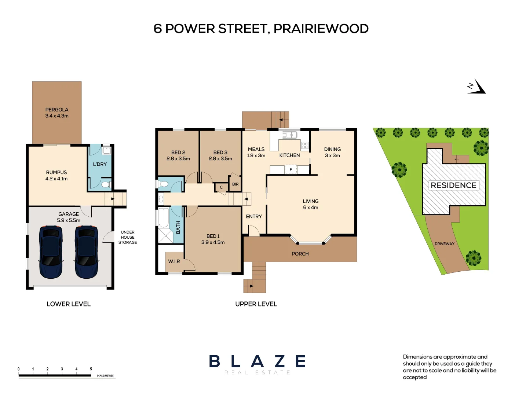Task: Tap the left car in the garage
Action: pyautogui.click(x=51, y=252)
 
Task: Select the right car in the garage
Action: pyautogui.click(x=86, y=252)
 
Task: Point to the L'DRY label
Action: pyautogui.click(x=100, y=164)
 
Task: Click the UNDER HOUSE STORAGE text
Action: pyautogui.click(x=128, y=237)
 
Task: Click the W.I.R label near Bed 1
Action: pyautogui.click(x=174, y=261)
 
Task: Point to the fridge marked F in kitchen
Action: pyautogui.click(x=291, y=169)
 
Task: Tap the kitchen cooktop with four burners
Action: pyautogui.click(x=305, y=146)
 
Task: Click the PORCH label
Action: pyautogui.click(x=300, y=254)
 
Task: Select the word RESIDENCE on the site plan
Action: pyautogui.click(x=453, y=186)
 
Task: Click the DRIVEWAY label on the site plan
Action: pyautogui.click(x=445, y=244)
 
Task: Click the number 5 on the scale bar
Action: pyautogui.click(x=91, y=369)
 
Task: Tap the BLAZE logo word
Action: pyautogui.click(x=257, y=362)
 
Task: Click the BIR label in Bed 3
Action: pyautogui.click(x=235, y=184)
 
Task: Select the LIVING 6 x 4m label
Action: pyautogui.click(x=311, y=204)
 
